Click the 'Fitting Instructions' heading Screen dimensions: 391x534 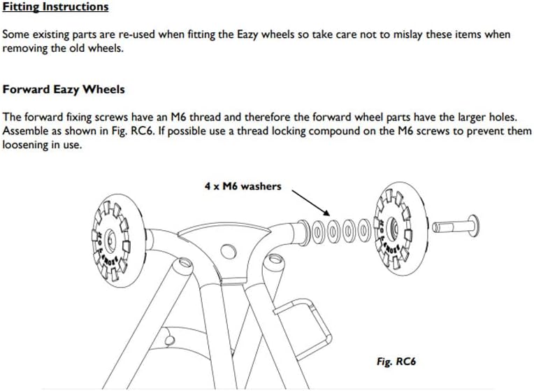56,8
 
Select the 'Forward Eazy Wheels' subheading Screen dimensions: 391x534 64,90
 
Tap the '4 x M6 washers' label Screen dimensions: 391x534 243,186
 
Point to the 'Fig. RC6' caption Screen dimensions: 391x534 396,362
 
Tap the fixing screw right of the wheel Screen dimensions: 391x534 454,226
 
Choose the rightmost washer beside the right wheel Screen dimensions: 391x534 364,228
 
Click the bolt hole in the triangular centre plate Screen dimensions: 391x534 228,250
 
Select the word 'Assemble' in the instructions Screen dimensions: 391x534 25,131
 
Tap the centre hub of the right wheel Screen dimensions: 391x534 394,226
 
